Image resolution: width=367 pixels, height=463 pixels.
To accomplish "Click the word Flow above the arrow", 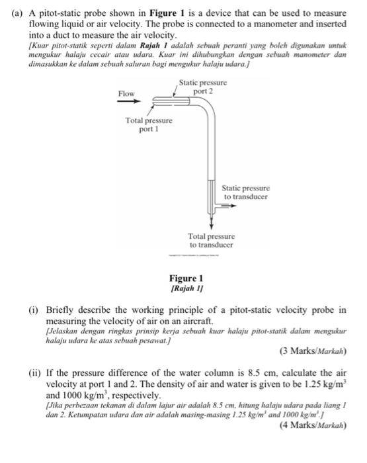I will tap(126, 93).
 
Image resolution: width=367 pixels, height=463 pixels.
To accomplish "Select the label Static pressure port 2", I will tap(202, 87).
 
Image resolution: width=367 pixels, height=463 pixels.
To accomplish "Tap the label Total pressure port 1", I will tap(149, 125).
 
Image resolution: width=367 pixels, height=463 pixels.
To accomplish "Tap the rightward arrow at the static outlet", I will tap(228, 206).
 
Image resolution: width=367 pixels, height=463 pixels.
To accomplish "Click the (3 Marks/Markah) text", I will tap(314, 351).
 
